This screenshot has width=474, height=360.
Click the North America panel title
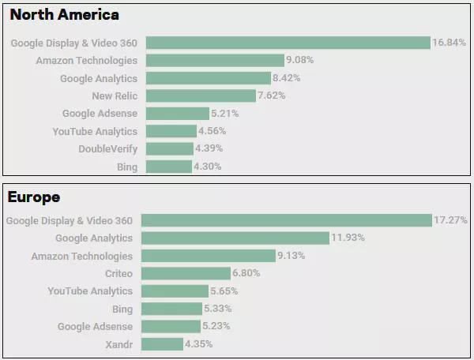(x=65, y=15)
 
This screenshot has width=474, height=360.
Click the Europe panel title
(x=33, y=197)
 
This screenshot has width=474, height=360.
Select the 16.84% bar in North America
(x=288, y=43)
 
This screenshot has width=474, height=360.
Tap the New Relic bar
(x=201, y=96)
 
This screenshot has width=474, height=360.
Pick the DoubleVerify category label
(x=107, y=148)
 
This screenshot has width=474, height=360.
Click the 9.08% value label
(x=300, y=60)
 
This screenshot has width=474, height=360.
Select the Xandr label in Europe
(x=118, y=344)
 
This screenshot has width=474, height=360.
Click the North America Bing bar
(x=169, y=167)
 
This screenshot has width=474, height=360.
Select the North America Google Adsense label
(x=100, y=114)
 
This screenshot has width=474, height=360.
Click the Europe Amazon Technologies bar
(x=209, y=256)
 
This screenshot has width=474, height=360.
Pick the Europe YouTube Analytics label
(x=90, y=291)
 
